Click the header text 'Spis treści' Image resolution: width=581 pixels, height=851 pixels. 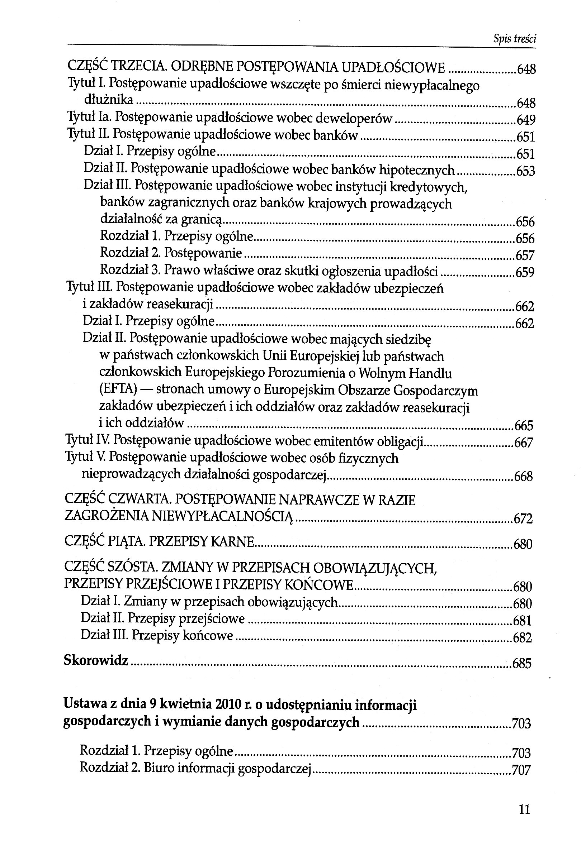pyautogui.click(x=515, y=38)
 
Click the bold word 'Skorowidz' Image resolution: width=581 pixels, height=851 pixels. pyautogui.click(x=96, y=660)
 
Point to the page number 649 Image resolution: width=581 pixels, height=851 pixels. pyautogui.click(x=526, y=120)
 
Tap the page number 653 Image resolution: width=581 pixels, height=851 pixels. pyautogui.click(x=525, y=171)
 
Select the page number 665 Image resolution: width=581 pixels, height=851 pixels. pyautogui.click(x=524, y=426)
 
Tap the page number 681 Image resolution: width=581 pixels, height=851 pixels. pyautogui.click(x=522, y=621)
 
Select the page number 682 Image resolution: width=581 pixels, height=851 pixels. pyautogui.click(x=522, y=637)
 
